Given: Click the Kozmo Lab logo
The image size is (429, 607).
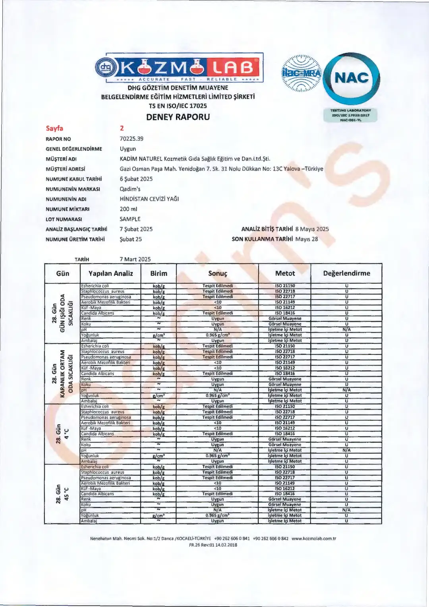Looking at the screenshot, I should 179,68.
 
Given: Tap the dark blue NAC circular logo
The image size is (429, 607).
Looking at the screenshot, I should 351,78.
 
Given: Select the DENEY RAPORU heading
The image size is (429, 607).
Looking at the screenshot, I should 178,117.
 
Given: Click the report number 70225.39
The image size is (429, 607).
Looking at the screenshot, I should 131,139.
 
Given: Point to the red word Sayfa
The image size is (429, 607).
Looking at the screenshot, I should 54,128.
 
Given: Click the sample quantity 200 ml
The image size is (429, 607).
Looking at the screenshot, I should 128,209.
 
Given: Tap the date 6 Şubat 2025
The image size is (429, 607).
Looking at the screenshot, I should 136,179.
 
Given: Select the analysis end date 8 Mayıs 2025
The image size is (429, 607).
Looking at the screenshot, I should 312,229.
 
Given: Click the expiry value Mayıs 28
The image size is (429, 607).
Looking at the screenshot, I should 307,239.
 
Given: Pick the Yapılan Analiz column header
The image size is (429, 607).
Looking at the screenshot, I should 110,273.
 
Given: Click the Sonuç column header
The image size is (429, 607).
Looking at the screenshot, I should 218,273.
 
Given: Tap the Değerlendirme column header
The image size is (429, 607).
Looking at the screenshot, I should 346,273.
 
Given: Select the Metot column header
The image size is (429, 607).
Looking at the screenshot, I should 285,273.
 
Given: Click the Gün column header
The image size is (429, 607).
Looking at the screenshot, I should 63,273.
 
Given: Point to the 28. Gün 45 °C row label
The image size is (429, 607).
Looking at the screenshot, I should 62,494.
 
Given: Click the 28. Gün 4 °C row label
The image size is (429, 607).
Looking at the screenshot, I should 62,434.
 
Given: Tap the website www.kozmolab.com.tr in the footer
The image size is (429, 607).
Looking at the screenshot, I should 314,539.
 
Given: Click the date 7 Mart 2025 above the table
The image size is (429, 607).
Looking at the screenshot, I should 135,259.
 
